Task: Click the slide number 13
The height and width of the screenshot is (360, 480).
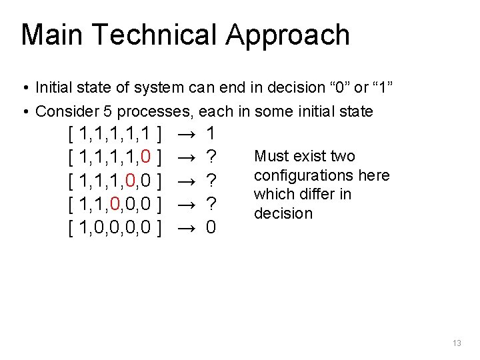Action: (457, 343)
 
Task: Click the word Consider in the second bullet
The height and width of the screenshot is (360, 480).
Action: (61, 111)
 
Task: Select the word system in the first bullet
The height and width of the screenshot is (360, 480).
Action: (153, 87)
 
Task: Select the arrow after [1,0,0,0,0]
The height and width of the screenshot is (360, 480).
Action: (186, 227)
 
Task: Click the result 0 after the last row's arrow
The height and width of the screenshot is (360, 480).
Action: (211, 227)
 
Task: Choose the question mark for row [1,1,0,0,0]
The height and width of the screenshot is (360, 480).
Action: (211, 204)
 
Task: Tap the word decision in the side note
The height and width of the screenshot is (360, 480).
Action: (283, 214)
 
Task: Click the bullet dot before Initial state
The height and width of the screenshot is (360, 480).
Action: (25, 88)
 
